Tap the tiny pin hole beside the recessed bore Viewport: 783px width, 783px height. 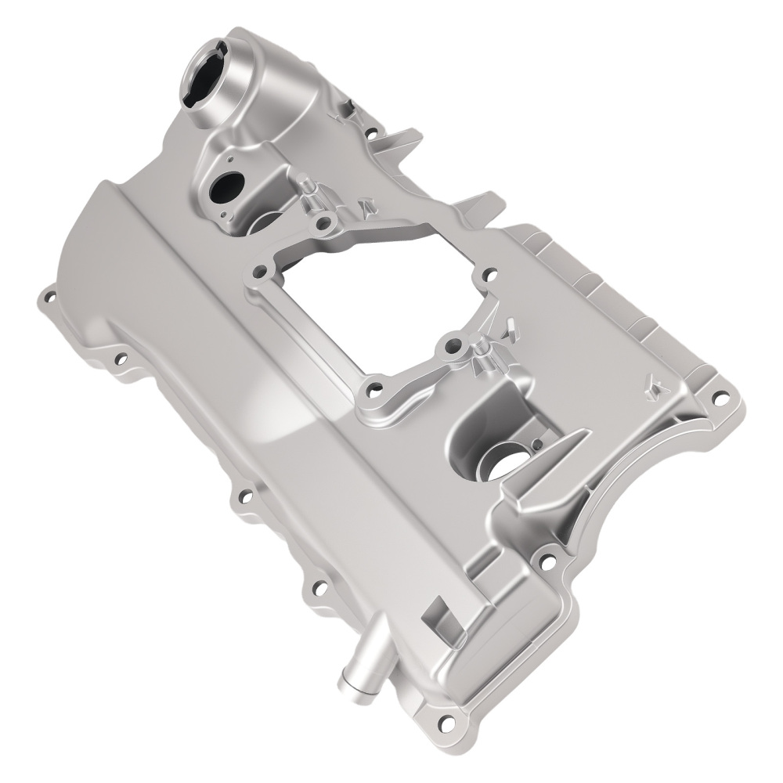(x=536, y=444)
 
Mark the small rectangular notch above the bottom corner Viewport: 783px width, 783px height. (x=435, y=615)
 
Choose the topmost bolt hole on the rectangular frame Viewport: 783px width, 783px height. (x=321, y=226)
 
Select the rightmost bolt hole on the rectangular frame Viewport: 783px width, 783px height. (x=488, y=274)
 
